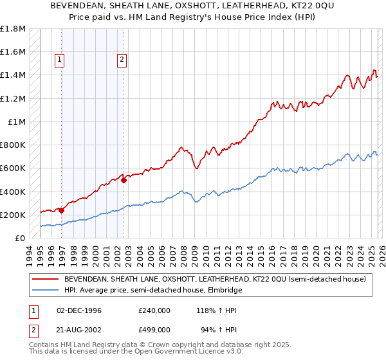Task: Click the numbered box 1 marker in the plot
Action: [59, 60]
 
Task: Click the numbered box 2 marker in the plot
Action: [122, 60]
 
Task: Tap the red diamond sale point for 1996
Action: [62, 210]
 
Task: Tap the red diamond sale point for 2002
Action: [124, 181]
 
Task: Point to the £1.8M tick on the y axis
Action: [13, 29]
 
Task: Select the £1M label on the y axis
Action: [17, 122]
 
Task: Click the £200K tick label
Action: [13, 215]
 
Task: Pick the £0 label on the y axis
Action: [21, 238]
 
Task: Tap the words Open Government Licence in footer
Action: [175, 354]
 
